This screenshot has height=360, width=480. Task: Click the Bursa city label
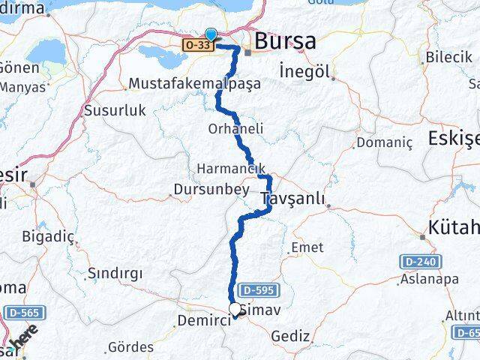[x=286, y=41]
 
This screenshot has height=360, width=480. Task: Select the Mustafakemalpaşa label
[x=195, y=83]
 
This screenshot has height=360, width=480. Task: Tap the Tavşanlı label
[x=293, y=198]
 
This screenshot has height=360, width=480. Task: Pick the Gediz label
[x=291, y=335]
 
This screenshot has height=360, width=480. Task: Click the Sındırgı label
[x=115, y=273]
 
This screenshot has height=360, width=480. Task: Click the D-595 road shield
[x=256, y=289]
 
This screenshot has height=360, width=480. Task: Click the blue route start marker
[x=211, y=34]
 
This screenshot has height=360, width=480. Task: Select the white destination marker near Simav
[x=235, y=309]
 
